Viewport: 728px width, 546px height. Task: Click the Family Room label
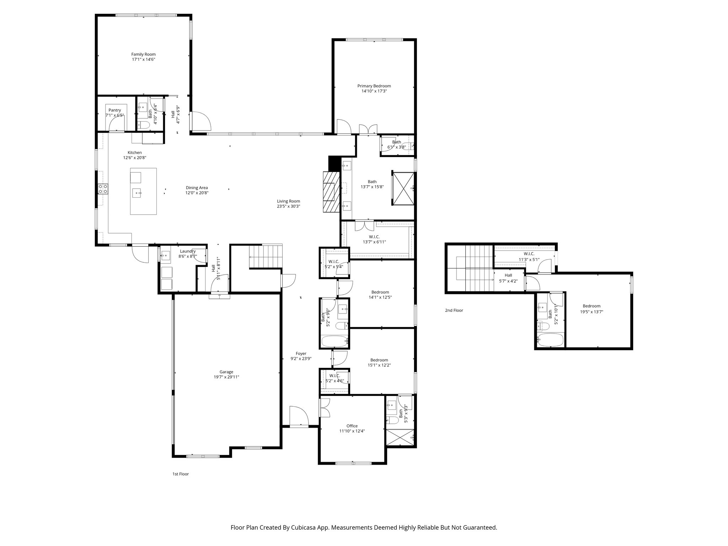click(143, 54)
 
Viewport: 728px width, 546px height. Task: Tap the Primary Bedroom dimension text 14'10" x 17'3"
click(374, 91)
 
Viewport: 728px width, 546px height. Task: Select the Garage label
click(226, 372)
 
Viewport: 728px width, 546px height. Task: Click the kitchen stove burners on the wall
click(103, 189)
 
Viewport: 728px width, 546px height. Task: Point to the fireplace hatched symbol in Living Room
click(331, 192)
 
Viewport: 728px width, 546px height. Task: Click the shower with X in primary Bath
click(403, 188)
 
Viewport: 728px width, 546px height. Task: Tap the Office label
click(352, 426)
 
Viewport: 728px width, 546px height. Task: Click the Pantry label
click(114, 110)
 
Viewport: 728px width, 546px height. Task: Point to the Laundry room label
click(188, 251)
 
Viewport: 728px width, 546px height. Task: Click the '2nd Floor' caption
click(454, 310)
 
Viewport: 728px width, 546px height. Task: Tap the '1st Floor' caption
click(181, 474)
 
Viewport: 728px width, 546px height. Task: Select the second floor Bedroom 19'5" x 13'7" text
click(591, 311)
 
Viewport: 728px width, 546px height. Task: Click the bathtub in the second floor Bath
click(550, 340)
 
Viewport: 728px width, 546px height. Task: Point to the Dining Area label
click(197, 188)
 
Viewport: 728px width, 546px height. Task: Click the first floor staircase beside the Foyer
click(266, 256)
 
